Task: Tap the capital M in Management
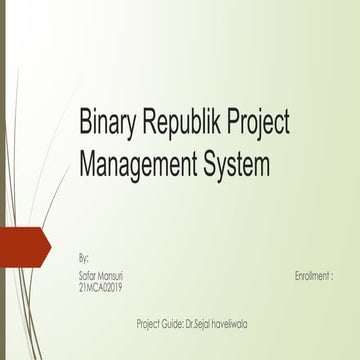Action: click(x=89, y=160)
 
